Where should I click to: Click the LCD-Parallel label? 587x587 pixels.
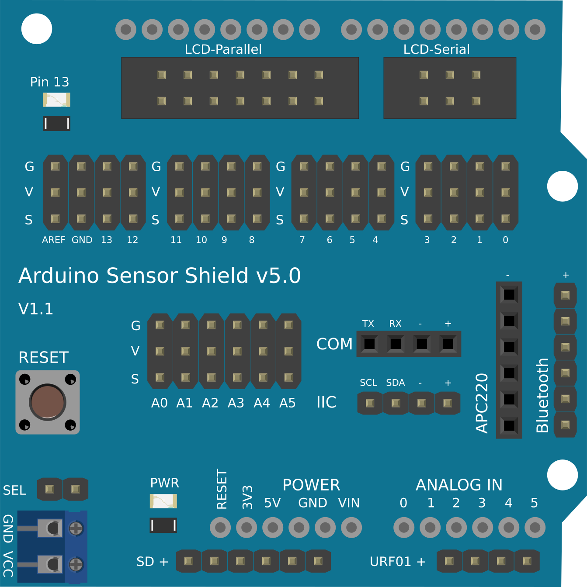(x=223, y=49)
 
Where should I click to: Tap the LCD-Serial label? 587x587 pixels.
(x=436, y=49)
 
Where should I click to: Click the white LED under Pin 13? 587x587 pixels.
(x=56, y=100)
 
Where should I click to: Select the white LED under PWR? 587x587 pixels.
(x=163, y=501)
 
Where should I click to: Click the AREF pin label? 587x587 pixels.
(x=53, y=240)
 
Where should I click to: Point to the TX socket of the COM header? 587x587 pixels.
(x=369, y=344)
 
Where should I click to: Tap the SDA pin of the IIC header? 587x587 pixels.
(x=396, y=403)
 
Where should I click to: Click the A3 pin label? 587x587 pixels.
(x=236, y=403)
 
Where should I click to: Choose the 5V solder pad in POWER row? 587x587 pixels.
(x=273, y=528)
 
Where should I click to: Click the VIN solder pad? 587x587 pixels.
(x=351, y=528)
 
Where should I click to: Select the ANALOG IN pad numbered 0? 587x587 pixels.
(x=404, y=528)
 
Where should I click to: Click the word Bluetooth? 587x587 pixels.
(x=542, y=395)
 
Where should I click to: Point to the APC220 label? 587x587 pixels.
(x=482, y=403)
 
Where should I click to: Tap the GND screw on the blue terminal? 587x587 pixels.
(x=76, y=528)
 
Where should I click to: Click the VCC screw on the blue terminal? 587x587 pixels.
(x=76, y=564)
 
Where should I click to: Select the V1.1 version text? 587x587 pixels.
(x=36, y=309)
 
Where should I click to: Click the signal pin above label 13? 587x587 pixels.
(x=107, y=218)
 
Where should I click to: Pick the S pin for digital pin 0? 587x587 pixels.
(x=506, y=218)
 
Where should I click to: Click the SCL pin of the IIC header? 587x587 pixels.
(x=370, y=403)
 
